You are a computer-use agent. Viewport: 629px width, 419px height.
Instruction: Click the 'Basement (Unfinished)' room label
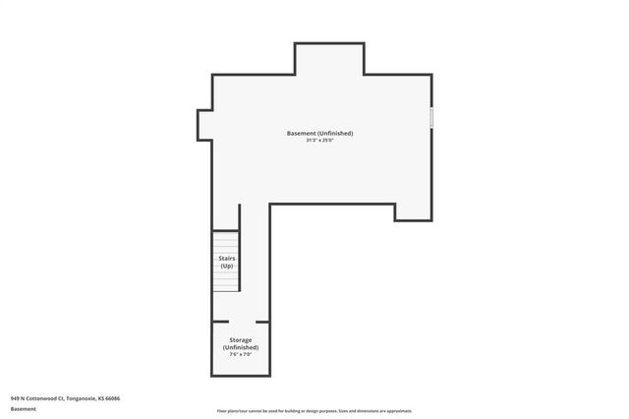pos(319,133)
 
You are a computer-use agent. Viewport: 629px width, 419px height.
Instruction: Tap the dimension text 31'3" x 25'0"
pos(319,141)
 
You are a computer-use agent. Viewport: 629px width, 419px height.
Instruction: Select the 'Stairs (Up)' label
pos(226,262)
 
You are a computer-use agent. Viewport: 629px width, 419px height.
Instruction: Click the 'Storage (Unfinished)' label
pos(240,343)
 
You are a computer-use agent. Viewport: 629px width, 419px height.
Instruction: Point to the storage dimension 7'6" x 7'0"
pos(240,355)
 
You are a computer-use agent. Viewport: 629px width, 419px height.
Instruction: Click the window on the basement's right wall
pos(431,117)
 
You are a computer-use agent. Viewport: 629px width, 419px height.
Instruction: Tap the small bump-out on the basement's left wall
pos(204,125)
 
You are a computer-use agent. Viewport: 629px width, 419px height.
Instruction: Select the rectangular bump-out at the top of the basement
pos(329,59)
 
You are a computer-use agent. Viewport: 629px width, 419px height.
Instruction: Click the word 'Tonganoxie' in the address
pos(83,398)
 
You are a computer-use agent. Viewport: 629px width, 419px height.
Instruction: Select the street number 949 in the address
pos(16,398)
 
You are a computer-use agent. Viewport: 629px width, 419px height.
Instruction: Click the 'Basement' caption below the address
pos(24,409)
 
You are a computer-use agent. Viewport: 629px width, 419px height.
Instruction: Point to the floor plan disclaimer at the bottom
pos(314,411)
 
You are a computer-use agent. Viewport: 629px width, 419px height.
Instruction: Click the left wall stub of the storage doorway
pos(220,322)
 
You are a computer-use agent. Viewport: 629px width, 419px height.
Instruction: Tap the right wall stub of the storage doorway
pos(262,322)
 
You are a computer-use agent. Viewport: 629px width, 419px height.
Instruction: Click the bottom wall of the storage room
pos(240,376)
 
